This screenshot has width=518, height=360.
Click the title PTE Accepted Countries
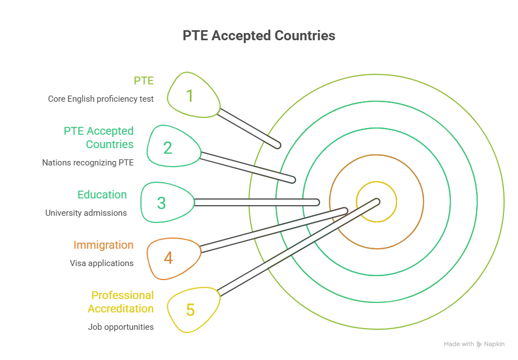click(258, 36)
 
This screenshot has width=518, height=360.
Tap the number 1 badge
click(190, 96)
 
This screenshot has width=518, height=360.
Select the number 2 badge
click(168, 148)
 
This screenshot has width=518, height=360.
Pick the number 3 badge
click(162, 203)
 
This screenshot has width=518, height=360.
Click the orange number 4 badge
click(168, 258)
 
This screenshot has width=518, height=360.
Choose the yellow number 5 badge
click(190, 310)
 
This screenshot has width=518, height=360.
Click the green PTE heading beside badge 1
click(143, 81)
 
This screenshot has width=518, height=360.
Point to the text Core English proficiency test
click(101, 99)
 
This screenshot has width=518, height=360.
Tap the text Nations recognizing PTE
click(88, 163)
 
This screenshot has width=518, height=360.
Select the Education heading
click(102, 195)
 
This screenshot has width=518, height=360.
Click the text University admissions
click(86, 213)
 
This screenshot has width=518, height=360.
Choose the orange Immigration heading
click(103, 245)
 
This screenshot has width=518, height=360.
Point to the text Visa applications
click(101, 263)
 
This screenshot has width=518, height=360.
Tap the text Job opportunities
click(121, 327)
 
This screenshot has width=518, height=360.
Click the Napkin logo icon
click(479, 344)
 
